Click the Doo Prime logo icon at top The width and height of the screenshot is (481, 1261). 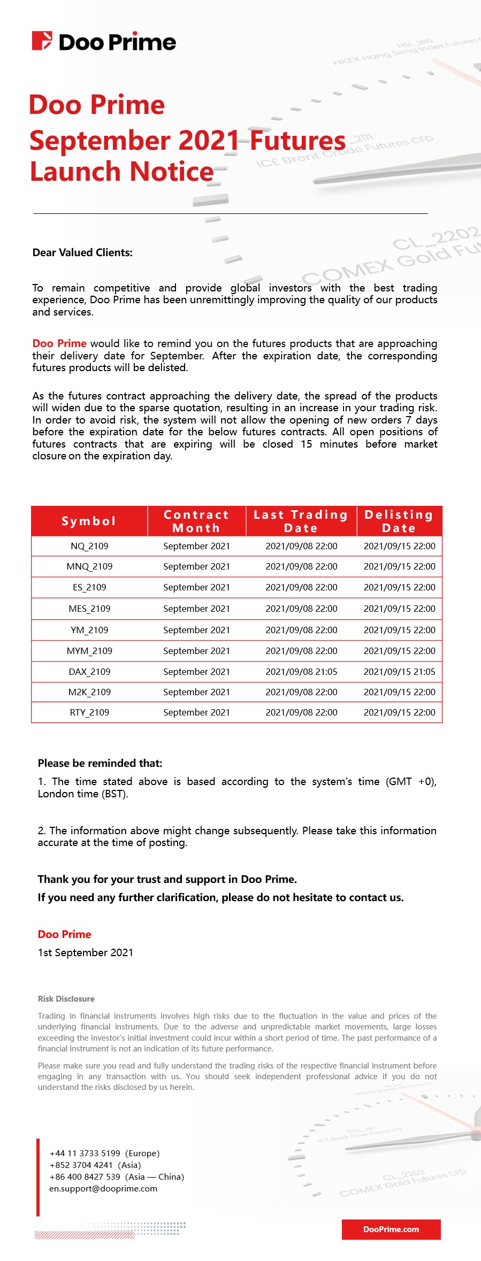[42, 41]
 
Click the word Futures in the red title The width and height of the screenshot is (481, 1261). [297, 141]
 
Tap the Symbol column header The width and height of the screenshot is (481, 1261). [89, 521]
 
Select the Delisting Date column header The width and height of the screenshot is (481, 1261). [399, 521]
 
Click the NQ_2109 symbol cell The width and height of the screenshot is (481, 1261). [89, 546]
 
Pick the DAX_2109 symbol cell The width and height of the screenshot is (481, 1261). [89, 672]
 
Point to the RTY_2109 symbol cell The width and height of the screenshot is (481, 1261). [89, 712]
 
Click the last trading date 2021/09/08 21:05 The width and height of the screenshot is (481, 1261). [301, 672]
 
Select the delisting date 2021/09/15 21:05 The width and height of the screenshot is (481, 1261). [399, 672]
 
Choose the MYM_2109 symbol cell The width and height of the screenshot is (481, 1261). [89, 651]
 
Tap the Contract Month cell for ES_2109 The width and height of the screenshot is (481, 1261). [196, 587]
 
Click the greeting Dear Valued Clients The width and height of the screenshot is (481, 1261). [82, 252]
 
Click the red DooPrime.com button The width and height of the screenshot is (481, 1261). [391, 1229]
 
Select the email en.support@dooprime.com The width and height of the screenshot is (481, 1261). [103, 1188]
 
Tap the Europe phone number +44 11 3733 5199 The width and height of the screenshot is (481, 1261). [85, 1153]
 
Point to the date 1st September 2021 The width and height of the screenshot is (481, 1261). [85, 952]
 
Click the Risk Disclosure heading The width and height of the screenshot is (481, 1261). [66, 998]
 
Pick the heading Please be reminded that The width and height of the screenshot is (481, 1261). [100, 763]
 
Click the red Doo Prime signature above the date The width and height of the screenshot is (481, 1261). [64, 934]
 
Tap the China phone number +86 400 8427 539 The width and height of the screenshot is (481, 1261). [85, 1177]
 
